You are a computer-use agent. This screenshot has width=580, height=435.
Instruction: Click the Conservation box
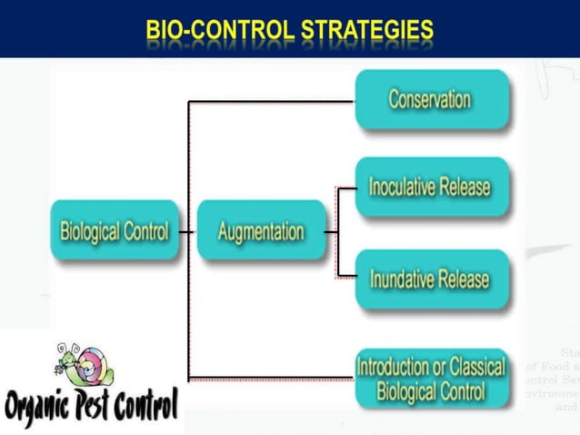430,99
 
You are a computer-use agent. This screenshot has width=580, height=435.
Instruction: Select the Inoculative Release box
430,187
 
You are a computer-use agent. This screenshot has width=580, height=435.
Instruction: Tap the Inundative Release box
430,278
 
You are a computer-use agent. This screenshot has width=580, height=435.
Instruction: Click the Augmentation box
260,231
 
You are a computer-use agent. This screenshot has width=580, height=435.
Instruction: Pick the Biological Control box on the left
115,231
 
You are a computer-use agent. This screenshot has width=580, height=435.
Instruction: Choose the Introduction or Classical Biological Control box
430,379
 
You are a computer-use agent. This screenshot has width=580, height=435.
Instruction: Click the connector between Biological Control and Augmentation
188,231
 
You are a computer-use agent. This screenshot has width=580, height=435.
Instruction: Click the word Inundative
401,278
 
